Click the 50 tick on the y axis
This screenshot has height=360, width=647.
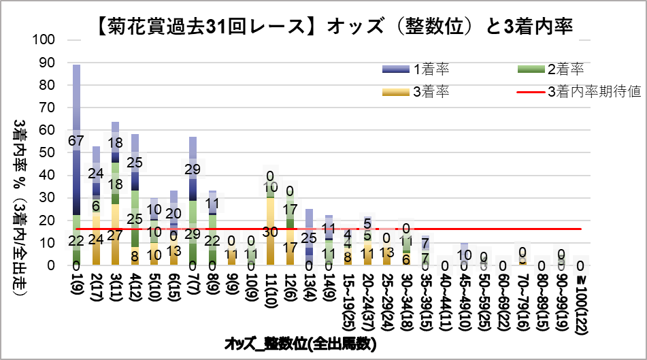click(x=48, y=152)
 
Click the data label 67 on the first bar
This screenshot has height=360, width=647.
click(x=77, y=141)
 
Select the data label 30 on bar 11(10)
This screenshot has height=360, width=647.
click(x=271, y=231)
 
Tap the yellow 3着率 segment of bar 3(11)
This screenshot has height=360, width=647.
click(x=116, y=235)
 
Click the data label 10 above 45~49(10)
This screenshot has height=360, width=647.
click(x=465, y=255)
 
